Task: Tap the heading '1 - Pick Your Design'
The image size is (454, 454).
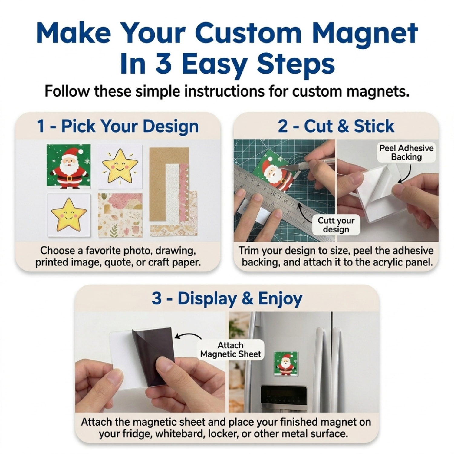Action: pyautogui.click(x=118, y=126)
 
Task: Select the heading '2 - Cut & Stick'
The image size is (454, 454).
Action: pyautogui.click(x=336, y=126)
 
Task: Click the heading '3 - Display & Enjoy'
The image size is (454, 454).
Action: pyautogui.click(x=227, y=298)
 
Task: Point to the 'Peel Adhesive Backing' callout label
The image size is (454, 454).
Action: pyautogui.click(x=406, y=152)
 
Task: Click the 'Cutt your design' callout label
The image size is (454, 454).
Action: pyautogui.click(x=336, y=225)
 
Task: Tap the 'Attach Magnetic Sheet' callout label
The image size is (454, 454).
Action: pyautogui.click(x=230, y=350)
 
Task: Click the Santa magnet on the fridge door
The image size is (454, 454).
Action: pyautogui.click(x=286, y=363)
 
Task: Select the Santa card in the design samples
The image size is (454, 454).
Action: pyautogui.click(x=68, y=166)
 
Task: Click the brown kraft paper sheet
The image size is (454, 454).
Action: pyautogui.click(x=169, y=184)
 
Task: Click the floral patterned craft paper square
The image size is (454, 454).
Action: pyautogui.click(x=120, y=215)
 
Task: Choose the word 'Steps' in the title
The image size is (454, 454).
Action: pyautogui.click(x=296, y=64)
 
